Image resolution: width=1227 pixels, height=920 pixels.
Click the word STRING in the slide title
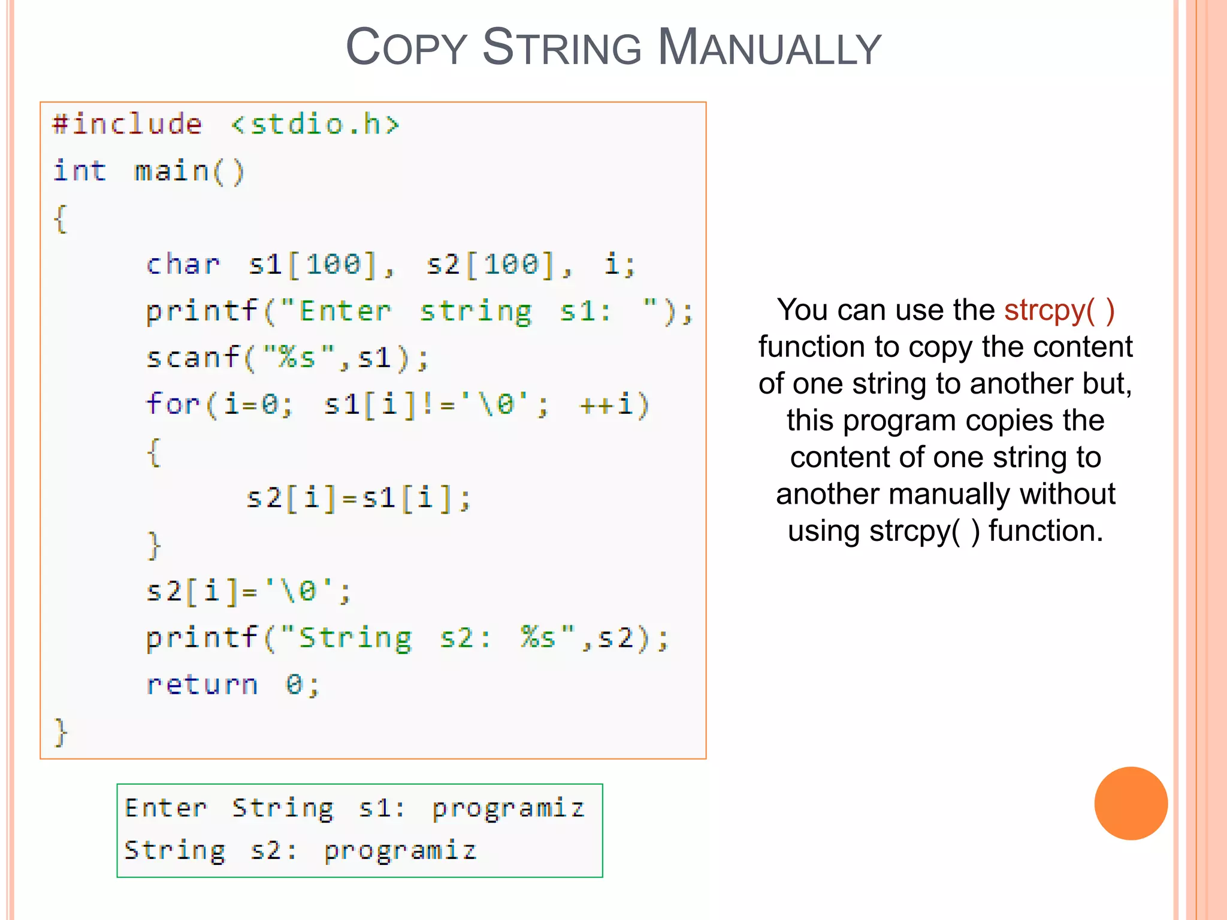coord(561,48)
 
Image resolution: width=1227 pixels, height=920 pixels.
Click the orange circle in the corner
coord(1131,803)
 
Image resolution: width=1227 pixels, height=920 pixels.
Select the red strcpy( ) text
coord(1059,310)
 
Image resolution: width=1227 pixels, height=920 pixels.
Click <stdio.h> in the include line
coord(315,125)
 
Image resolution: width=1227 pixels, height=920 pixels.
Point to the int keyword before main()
coord(80,171)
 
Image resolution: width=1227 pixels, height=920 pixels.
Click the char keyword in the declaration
coord(183,265)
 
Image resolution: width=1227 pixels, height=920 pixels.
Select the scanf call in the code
coord(288,358)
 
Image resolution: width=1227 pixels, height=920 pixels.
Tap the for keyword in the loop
coord(173,404)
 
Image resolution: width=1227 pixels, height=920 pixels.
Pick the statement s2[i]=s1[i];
coord(358,498)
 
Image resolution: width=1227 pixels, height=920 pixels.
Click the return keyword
coord(203,685)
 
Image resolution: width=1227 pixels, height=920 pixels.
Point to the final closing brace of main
coord(61,731)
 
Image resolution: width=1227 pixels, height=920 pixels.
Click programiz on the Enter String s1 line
coord(508,809)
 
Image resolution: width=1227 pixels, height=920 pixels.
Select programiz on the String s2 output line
coord(400,851)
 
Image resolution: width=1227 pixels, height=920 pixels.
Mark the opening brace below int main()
coord(61,219)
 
